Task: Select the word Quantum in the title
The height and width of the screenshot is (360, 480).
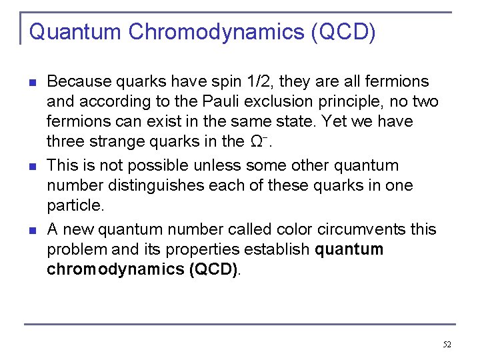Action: pyautogui.click(x=75, y=31)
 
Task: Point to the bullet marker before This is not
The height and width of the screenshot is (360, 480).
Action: pyautogui.click(x=31, y=166)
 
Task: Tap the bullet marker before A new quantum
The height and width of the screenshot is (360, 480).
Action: pyautogui.click(x=31, y=230)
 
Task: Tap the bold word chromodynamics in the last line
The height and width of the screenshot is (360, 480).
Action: pyautogui.click(x=105, y=270)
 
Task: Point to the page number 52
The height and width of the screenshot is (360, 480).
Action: pyautogui.click(x=447, y=345)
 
